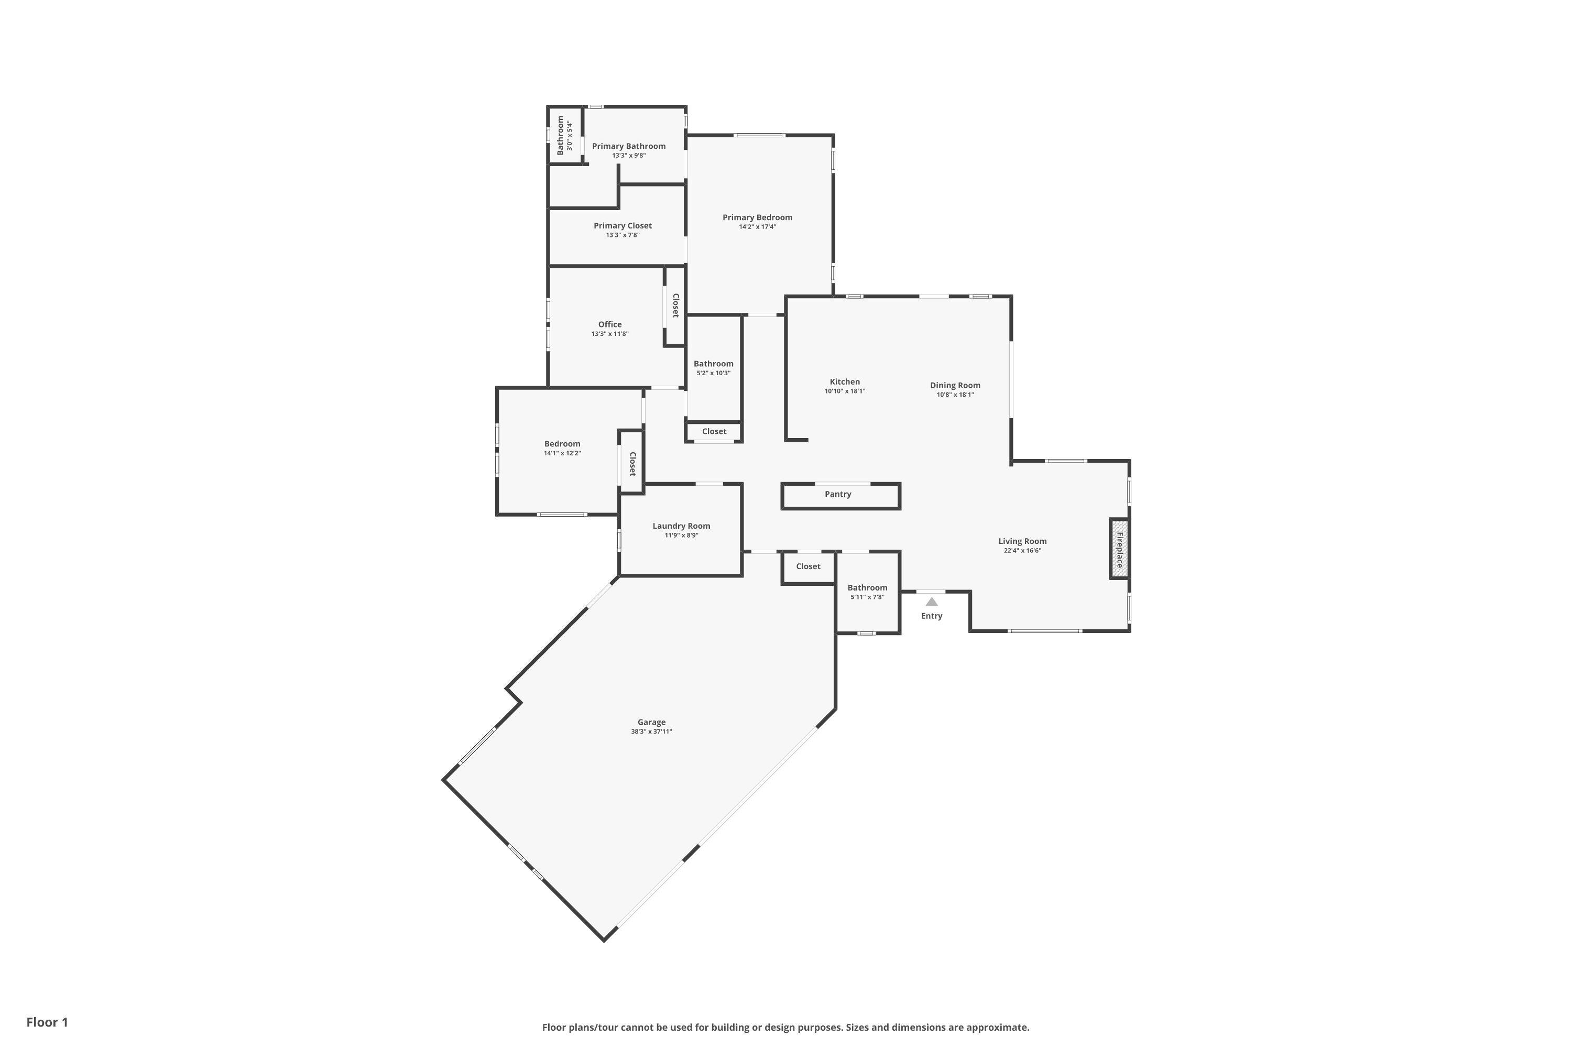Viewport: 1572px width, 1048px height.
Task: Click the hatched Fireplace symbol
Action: [1119, 549]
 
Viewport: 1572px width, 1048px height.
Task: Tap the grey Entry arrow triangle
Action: [932, 602]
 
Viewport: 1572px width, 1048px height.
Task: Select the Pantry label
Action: [837, 495]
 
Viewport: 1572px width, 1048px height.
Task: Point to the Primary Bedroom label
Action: [757, 217]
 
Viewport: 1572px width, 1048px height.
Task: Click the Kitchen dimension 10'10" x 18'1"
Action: [845, 391]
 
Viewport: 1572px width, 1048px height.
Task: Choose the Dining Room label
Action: [955, 386]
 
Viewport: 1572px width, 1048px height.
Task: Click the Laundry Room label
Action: [681, 526]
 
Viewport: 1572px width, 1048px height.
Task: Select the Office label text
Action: [609, 325]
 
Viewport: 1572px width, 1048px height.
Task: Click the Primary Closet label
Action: [623, 226]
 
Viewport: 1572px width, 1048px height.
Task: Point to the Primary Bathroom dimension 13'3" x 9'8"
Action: [628, 156]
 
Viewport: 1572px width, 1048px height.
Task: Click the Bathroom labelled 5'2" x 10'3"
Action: [713, 364]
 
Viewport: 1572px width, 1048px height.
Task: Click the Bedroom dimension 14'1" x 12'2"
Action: [562, 453]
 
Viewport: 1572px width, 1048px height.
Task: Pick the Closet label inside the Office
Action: [676, 305]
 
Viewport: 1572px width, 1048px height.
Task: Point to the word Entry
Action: [932, 616]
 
